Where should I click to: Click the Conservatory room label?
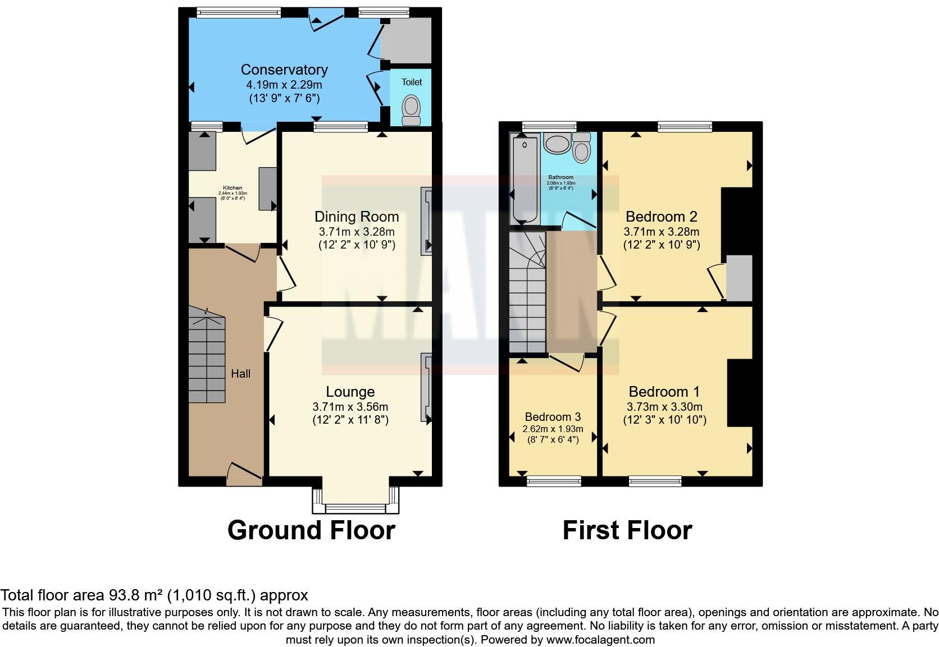click(284, 70)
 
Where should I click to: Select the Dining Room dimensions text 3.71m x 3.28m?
click(356, 232)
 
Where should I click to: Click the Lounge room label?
click(350, 392)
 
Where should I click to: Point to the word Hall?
click(240, 374)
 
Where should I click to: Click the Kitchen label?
click(233, 188)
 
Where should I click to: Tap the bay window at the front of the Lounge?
click(355, 508)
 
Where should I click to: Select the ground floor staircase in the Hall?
click(206, 356)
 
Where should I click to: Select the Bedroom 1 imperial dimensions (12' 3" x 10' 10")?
click(664, 420)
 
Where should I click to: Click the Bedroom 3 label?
click(553, 417)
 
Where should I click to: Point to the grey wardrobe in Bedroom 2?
click(739, 278)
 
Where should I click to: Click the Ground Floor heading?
click(311, 530)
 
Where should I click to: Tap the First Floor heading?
click(627, 530)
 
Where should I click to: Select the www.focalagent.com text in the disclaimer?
click(600, 639)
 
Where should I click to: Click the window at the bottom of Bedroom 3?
click(554, 480)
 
